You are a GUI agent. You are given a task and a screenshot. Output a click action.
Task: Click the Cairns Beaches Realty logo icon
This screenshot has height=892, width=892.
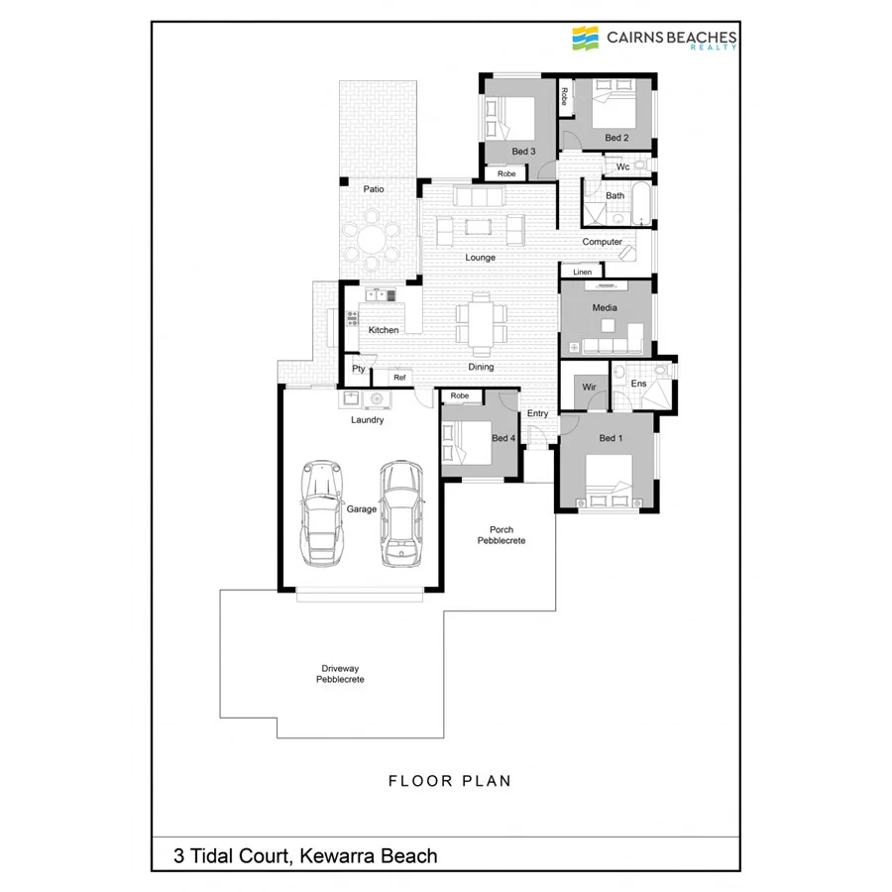point(586,39)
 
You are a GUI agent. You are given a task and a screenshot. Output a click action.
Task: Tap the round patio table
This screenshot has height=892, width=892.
point(368,241)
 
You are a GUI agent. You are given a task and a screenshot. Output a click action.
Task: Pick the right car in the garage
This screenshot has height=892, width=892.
point(399,513)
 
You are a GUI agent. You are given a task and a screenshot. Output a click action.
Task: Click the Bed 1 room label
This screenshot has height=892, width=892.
point(612,438)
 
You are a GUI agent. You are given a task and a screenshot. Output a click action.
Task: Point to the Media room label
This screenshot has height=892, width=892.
point(605,308)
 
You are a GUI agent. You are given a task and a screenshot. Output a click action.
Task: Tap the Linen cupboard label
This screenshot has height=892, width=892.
point(582,272)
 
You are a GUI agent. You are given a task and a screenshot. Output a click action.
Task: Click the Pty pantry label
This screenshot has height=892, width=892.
point(358,370)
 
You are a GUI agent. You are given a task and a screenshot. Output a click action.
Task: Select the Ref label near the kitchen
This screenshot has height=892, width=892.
point(399,378)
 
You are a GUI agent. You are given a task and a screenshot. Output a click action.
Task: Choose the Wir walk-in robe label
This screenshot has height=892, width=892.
point(589,386)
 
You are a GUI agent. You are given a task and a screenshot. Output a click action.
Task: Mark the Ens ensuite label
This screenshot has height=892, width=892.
point(638,383)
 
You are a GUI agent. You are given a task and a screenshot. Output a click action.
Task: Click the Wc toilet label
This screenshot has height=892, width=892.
point(622,167)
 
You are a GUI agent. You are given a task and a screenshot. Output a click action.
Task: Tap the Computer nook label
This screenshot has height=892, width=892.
point(602,242)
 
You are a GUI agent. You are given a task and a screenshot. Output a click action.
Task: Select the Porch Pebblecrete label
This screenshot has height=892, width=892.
point(501,535)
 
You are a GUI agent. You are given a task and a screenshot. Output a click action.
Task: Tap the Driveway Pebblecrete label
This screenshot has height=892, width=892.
point(340,674)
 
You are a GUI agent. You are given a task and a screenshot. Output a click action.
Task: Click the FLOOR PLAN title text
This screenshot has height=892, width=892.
point(450,781)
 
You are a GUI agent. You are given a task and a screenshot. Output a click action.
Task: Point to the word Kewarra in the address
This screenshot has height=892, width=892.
point(337,855)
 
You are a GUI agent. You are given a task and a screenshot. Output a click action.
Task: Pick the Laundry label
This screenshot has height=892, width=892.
point(367,420)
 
